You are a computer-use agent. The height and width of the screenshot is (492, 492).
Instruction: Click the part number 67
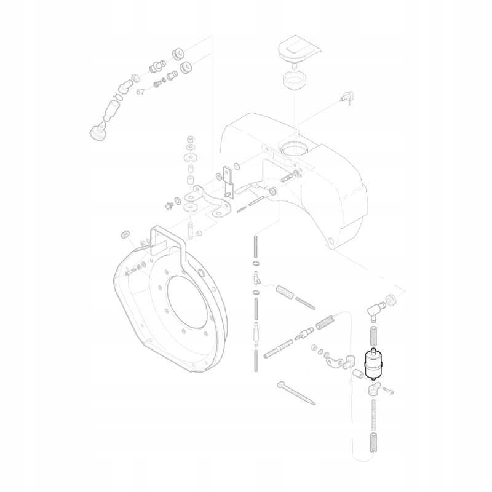141,92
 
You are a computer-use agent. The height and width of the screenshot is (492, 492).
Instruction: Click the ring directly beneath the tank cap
295,81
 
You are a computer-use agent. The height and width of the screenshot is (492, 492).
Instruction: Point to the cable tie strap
296,392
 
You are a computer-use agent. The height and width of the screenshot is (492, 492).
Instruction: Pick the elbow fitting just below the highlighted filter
373,389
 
